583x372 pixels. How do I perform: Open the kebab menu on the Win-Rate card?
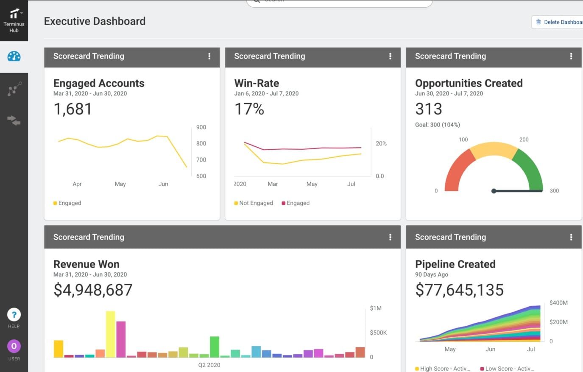pos(390,56)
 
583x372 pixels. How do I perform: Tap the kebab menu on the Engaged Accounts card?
pos(209,56)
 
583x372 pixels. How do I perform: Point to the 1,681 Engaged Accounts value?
pos(73,109)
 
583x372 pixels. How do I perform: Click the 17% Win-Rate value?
pos(249,109)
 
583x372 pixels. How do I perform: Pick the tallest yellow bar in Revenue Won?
pos(110,334)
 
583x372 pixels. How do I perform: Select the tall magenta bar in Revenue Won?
pos(121,339)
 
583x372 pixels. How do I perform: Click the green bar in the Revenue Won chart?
pos(215,347)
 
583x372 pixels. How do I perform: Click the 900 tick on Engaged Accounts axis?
pos(201,127)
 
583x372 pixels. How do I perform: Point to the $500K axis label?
pos(378,333)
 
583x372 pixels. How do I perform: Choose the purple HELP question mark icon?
pos(14,315)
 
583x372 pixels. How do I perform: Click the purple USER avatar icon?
pos(14,347)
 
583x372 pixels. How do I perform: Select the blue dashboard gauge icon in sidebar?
pos(14,56)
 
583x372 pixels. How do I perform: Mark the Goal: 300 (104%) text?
pos(437,125)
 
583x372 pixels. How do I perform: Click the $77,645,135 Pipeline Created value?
pos(459,290)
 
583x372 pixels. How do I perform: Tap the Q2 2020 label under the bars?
pos(209,365)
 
